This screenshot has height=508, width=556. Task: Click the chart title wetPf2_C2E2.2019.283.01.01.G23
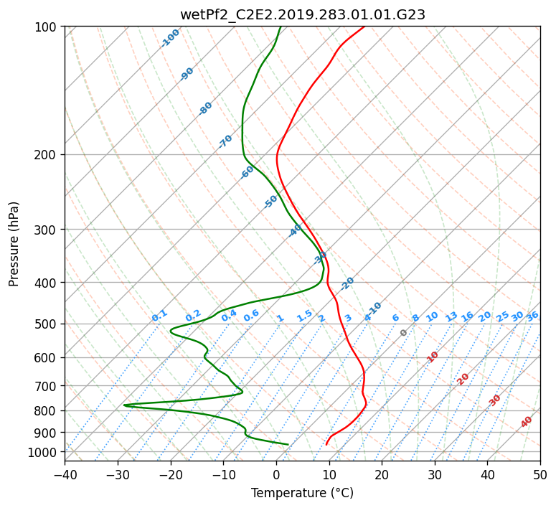point(303,15)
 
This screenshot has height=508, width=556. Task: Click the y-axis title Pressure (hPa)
point(14,244)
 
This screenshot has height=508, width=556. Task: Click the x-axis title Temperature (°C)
point(303,493)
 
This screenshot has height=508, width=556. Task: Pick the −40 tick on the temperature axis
point(65,474)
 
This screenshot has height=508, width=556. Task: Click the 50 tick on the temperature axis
point(540,474)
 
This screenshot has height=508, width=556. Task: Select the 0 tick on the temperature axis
point(276,474)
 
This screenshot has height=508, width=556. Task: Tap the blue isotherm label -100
point(170,38)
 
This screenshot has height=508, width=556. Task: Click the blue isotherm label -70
point(225,141)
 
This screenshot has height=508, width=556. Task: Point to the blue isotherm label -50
point(270,202)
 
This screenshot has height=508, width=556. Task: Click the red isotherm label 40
point(527,422)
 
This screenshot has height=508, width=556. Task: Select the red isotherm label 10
point(433,357)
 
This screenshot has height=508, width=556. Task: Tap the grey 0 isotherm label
point(403,333)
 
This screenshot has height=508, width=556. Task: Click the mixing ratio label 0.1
point(159,316)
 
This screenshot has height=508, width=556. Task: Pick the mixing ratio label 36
point(532,316)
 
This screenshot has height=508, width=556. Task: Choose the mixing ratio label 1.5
point(305,316)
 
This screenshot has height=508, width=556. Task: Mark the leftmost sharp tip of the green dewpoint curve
point(123,405)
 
